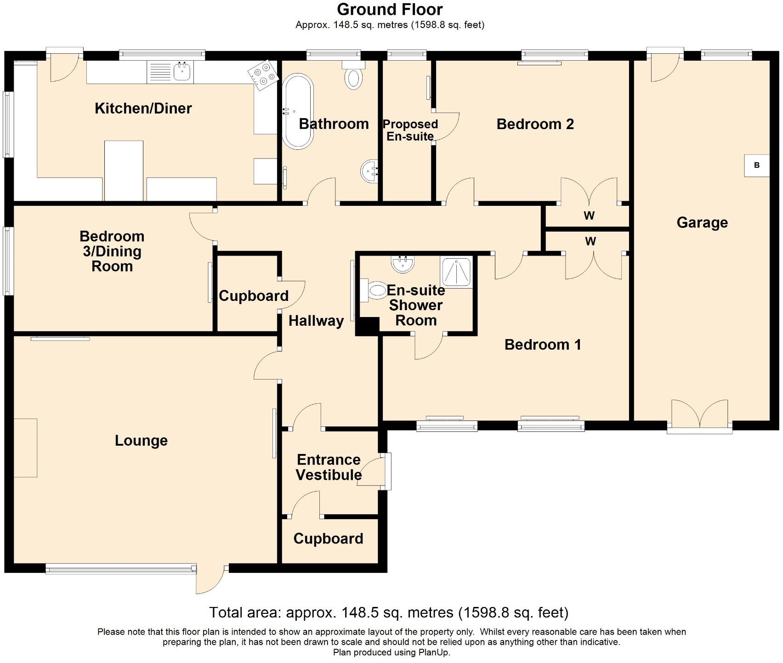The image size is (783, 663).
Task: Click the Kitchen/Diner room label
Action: pyautogui.click(x=143, y=108)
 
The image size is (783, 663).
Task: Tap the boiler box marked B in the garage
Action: pyautogui.click(x=757, y=165)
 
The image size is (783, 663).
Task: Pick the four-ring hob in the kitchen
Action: pyautogui.click(x=263, y=76)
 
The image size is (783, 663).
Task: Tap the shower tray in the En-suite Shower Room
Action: pyautogui.click(x=456, y=272)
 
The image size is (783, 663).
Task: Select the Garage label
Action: pyautogui.click(x=702, y=223)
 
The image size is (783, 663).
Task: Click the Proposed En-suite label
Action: pyautogui.click(x=410, y=130)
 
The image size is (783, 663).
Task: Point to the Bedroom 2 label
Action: pyautogui.click(x=535, y=124)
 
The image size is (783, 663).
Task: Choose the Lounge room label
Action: pyautogui.click(x=141, y=441)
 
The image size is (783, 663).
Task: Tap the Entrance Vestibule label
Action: pyautogui.click(x=329, y=467)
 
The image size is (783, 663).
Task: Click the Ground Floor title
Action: pyautogui.click(x=390, y=9)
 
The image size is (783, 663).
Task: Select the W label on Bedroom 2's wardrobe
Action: pyautogui.click(x=589, y=215)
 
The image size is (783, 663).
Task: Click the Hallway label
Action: pyautogui.click(x=316, y=321)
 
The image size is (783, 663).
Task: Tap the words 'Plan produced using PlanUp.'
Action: pyautogui.click(x=391, y=652)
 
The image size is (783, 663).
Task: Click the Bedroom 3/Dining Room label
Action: pyautogui.click(x=112, y=251)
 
